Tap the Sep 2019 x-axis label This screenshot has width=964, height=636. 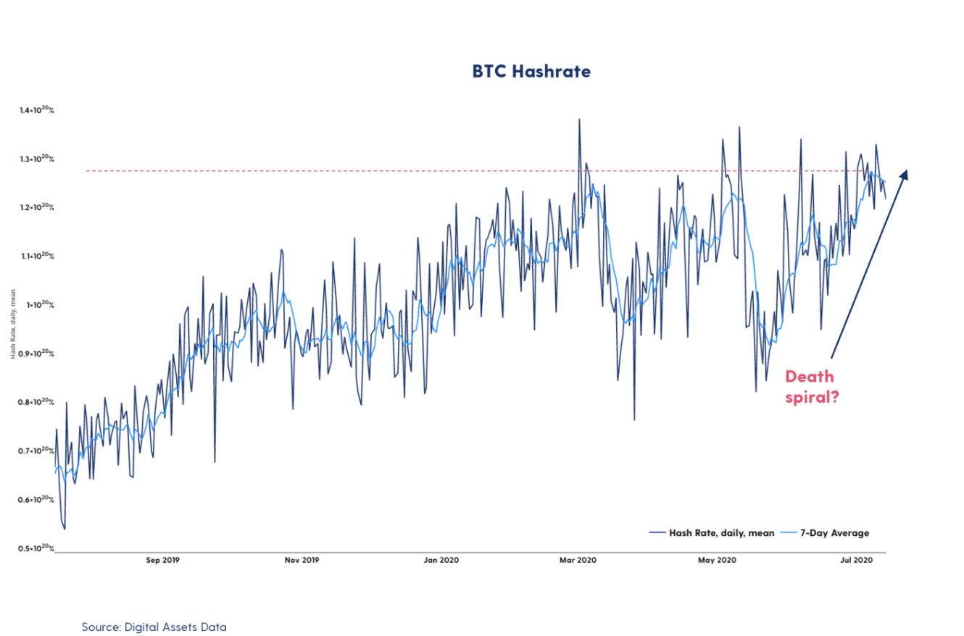[162, 560]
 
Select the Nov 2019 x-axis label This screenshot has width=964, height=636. [301, 560]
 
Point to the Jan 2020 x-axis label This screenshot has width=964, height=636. [441, 560]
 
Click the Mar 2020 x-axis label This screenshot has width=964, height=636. [578, 560]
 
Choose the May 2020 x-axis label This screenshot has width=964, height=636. [717, 560]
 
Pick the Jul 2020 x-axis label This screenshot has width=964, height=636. [855, 560]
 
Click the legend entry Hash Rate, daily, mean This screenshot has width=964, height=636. [712, 533]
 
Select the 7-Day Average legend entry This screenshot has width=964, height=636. [834, 533]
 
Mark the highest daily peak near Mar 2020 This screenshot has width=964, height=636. [579, 120]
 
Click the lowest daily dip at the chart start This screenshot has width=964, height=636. [65, 529]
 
